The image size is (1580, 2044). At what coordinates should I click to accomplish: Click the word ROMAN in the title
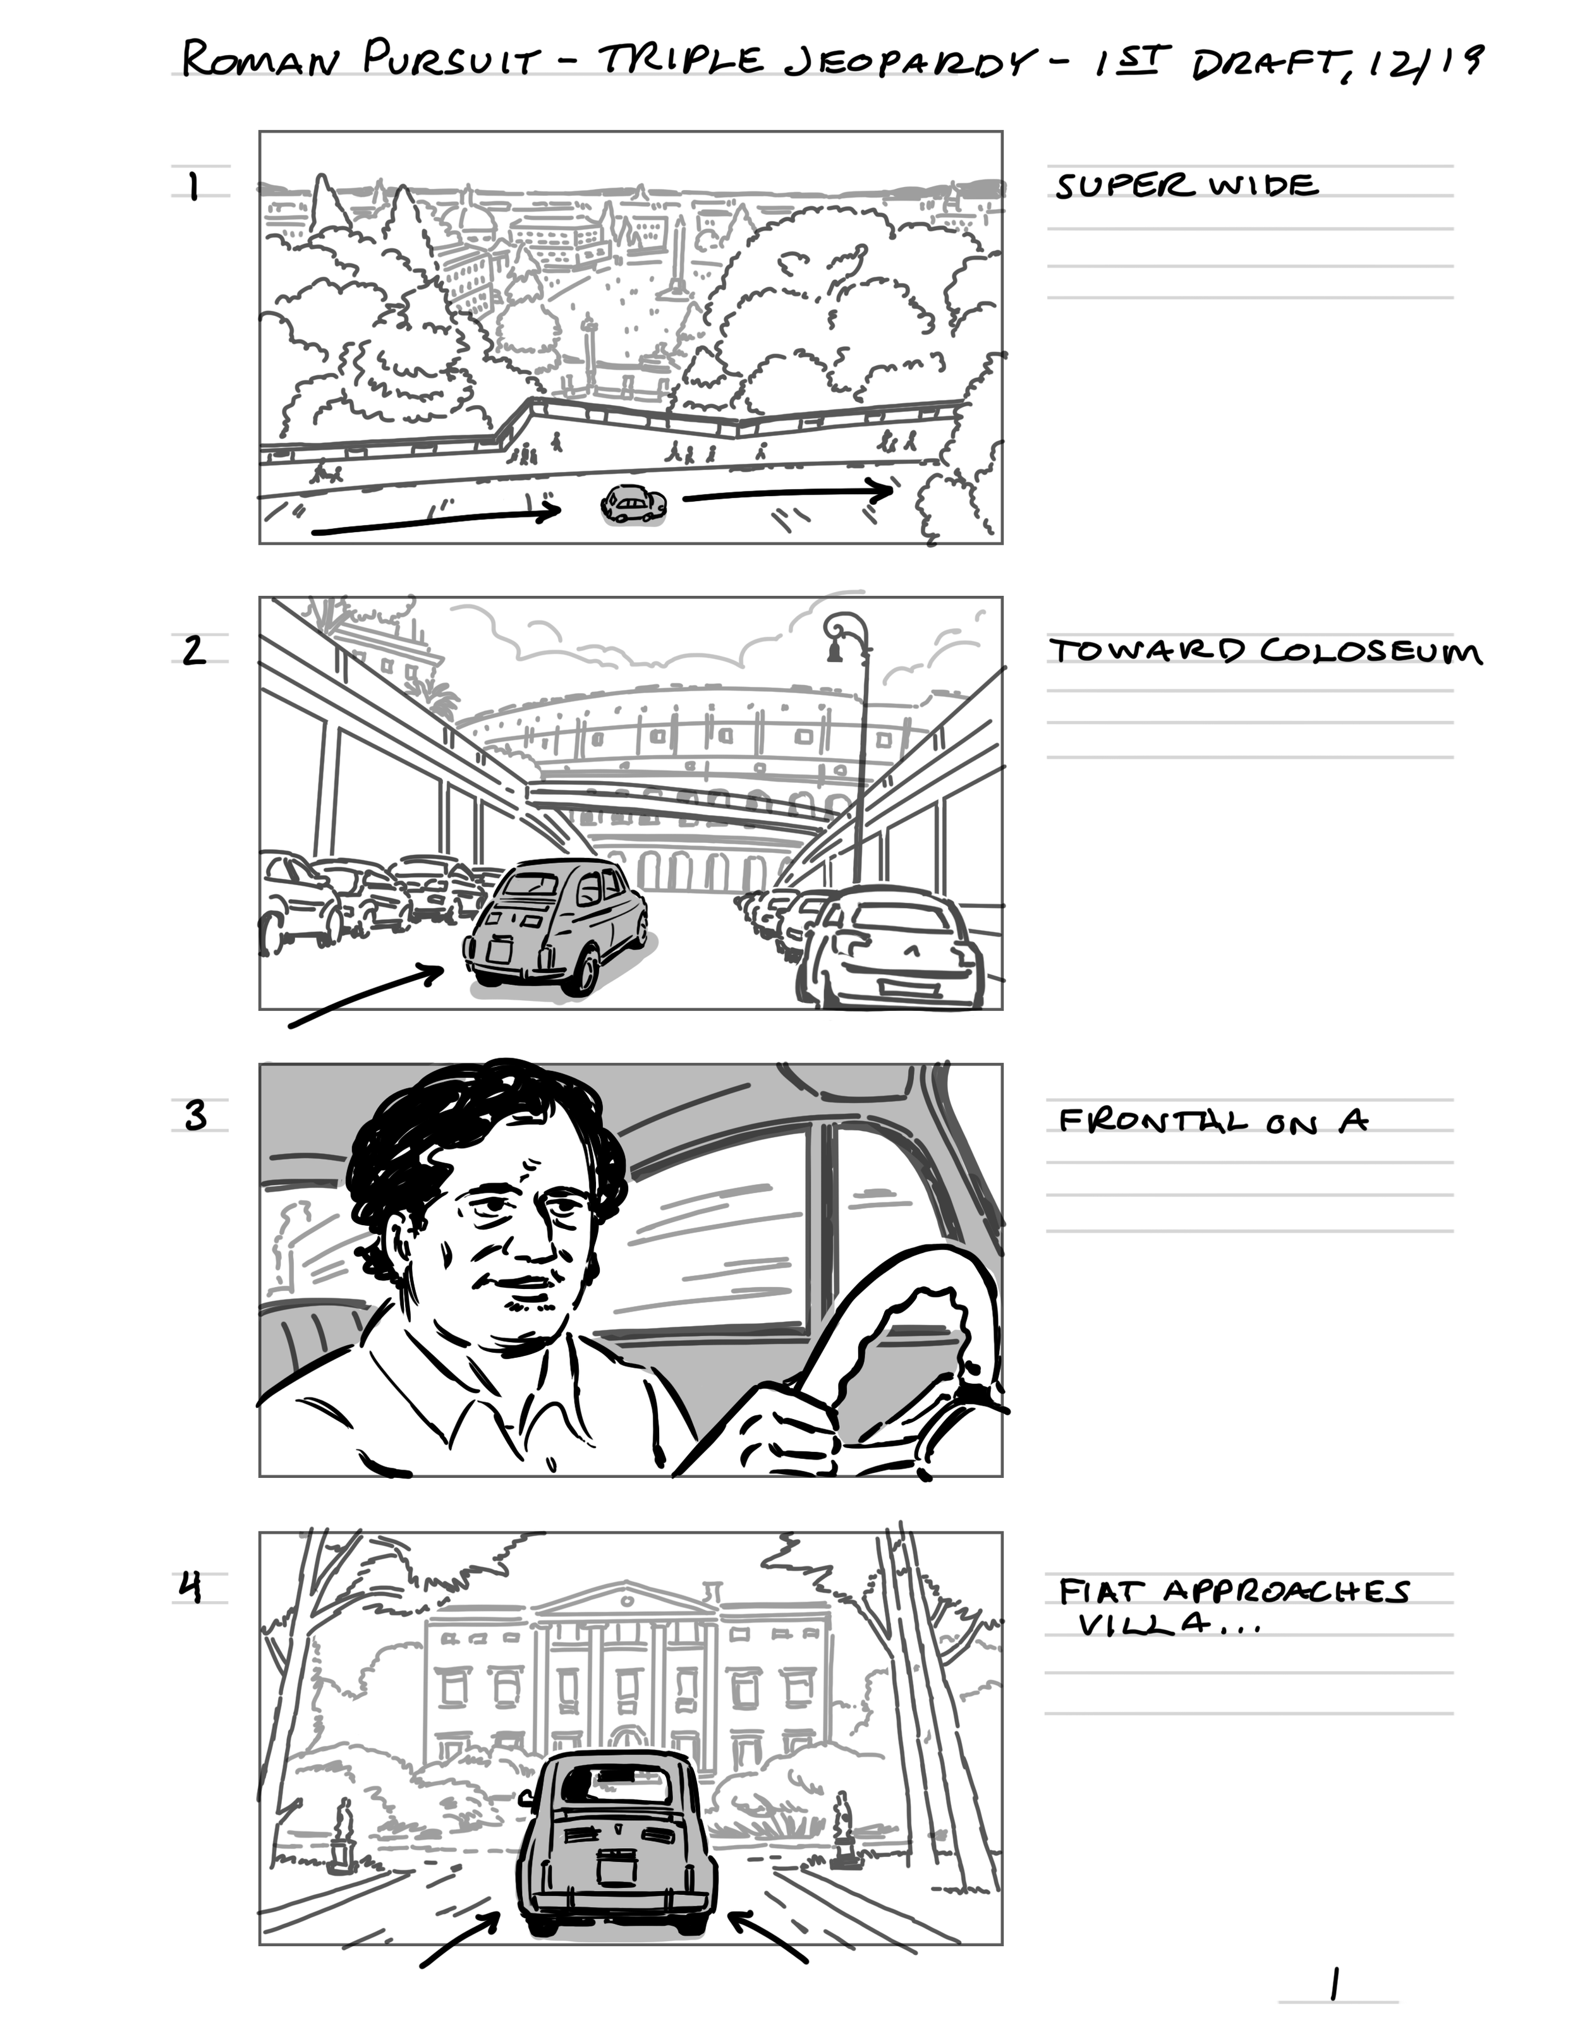[x=258, y=61]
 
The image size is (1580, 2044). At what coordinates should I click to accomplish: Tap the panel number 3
[x=195, y=1116]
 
